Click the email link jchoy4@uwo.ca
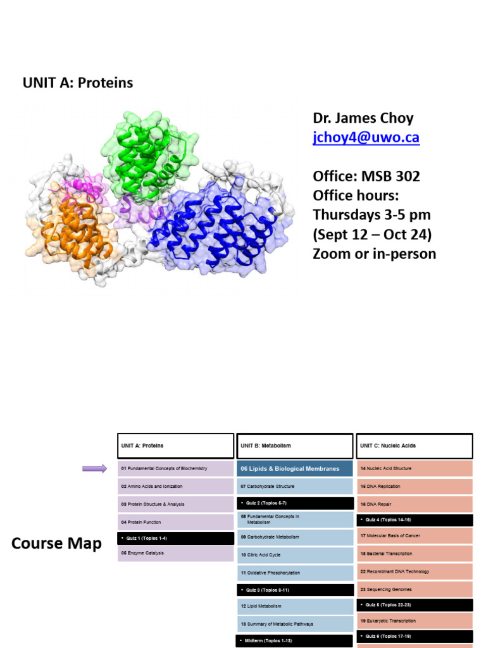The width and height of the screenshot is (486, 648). [x=366, y=138]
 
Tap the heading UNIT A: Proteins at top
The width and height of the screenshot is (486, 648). [x=78, y=83]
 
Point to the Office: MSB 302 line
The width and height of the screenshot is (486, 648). [x=366, y=175]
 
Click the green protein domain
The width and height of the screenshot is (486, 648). [x=150, y=155]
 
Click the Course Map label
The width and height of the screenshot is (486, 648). [x=56, y=544]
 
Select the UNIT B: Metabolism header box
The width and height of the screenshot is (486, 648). [x=294, y=445]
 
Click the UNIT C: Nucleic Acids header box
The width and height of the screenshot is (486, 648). [x=414, y=445]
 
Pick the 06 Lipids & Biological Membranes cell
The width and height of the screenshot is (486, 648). [x=294, y=469]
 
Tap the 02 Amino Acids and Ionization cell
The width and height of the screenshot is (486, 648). [x=175, y=487]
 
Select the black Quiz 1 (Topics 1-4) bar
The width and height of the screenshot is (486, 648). [x=175, y=538]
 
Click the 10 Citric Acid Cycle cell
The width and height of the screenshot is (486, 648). [x=294, y=555]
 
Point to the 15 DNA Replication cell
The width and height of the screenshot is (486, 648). [x=414, y=487]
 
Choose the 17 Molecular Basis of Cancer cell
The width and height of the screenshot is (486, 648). [x=414, y=535]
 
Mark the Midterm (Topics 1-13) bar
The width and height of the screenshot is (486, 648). [x=294, y=641]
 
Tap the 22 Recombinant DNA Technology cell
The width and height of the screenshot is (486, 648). [x=414, y=571]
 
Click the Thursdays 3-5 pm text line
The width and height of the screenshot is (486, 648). [x=371, y=215]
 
